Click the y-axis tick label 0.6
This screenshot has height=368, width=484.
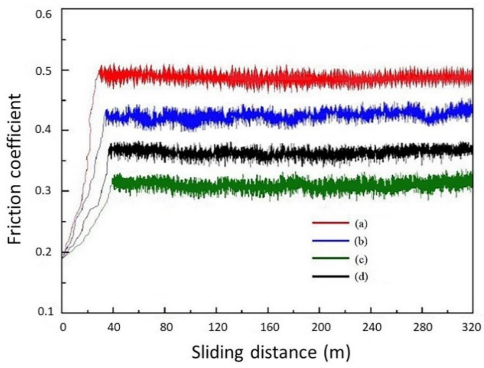point(44,10)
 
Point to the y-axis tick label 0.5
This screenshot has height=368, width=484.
point(44,71)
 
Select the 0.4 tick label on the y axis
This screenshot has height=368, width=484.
point(44,131)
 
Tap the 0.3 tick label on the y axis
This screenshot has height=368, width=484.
point(44,191)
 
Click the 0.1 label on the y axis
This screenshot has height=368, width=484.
point(44,311)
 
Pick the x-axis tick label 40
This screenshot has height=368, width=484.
point(113,329)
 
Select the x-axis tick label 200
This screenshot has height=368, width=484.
point(319,329)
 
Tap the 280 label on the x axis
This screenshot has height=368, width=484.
point(422,329)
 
